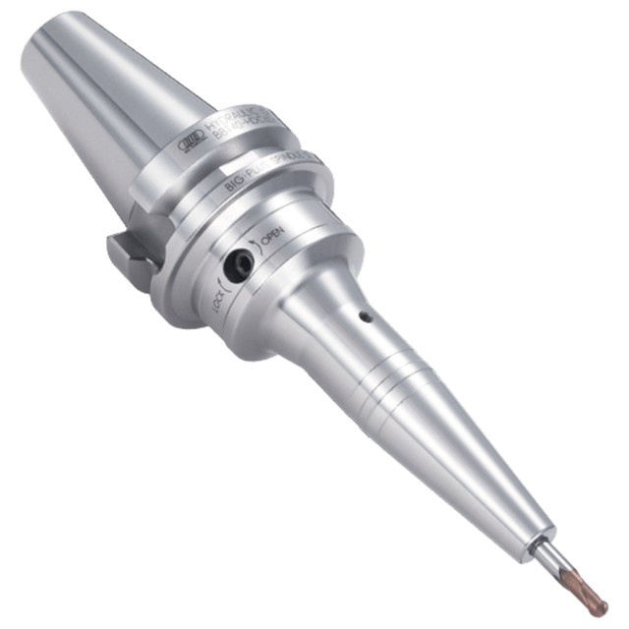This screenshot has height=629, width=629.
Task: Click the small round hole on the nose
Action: pos(365,317)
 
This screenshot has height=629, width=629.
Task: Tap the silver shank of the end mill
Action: pos(551,561)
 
